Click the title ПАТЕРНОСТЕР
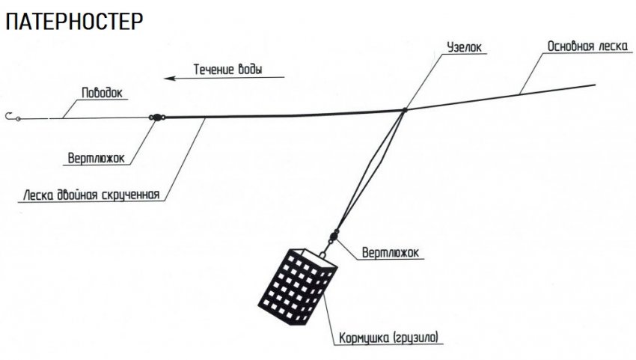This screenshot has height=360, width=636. pos(73,22)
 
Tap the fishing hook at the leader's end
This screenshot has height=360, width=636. pos(10,116)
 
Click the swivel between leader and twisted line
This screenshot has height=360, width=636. pos(156,117)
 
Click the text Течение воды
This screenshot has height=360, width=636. pos(228,70)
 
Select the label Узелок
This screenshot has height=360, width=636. pos(465,46)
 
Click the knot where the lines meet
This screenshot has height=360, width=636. pos(404,111)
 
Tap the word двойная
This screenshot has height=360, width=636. pos(73,197)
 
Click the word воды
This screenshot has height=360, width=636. pos(251,70)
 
